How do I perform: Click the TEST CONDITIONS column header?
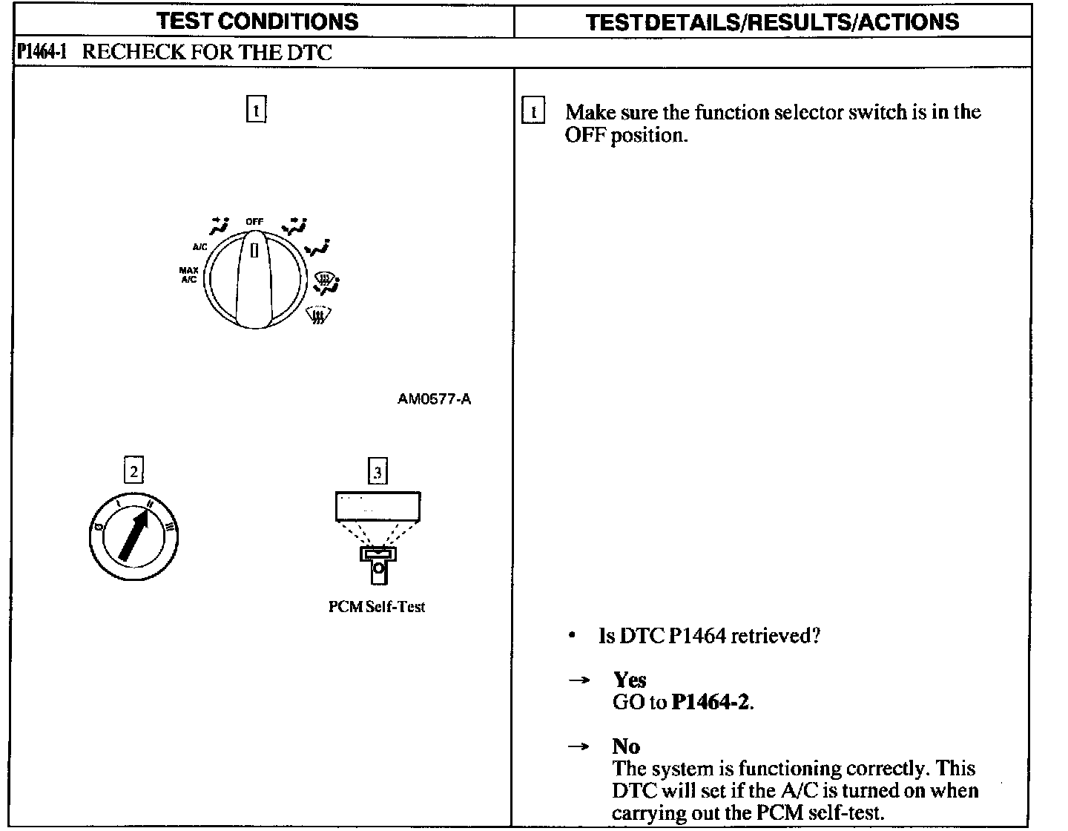point(258,21)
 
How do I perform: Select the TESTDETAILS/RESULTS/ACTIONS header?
point(772,22)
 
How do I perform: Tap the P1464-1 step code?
point(42,53)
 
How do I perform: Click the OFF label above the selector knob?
point(254,221)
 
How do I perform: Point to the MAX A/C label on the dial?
point(188,275)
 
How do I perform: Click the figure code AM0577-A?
point(434,399)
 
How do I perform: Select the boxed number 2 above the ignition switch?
point(133,471)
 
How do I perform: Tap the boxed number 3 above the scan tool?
point(378,472)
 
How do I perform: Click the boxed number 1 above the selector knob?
point(255,111)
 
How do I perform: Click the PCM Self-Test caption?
point(377,607)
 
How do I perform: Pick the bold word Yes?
point(630,680)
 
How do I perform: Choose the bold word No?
point(627,746)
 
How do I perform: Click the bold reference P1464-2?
point(711,702)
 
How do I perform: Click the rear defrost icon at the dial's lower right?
point(317,315)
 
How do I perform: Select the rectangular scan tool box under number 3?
point(378,507)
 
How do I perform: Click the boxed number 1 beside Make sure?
point(533,112)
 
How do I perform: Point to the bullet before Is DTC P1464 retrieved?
point(572,637)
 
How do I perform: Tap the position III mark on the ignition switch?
point(170,528)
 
